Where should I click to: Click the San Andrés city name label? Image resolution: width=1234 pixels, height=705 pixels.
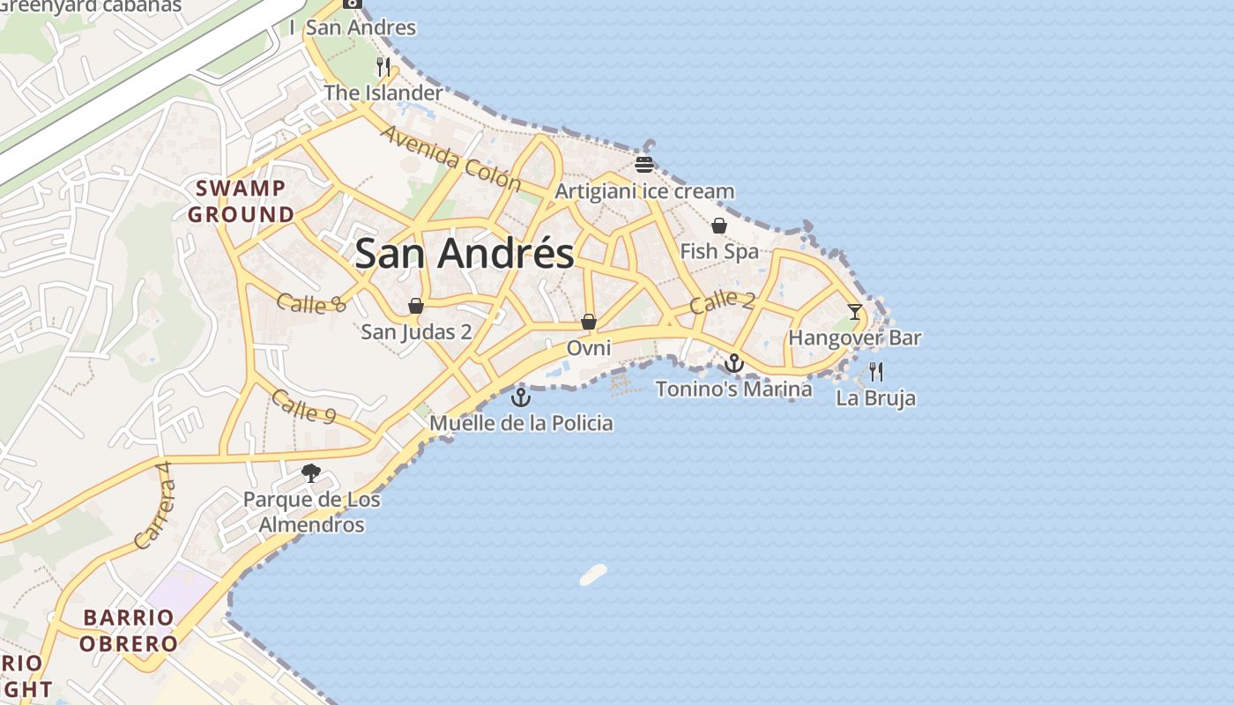coord(465,254)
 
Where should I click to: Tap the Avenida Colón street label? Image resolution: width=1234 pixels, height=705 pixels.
coord(450,159)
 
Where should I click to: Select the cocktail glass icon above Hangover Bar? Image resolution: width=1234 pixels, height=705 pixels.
coord(855,311)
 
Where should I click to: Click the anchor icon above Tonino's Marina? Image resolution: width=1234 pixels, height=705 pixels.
coord(734,362)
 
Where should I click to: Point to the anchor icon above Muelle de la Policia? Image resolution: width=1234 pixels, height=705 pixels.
coord(521,397)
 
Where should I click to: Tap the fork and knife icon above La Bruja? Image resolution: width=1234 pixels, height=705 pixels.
coord(875,371)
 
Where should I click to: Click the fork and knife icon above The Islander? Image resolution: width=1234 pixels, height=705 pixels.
coord(383,66)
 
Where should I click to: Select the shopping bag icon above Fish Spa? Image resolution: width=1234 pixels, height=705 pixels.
coord(719,226)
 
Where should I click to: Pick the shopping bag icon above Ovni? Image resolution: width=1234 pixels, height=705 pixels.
coord(589,322)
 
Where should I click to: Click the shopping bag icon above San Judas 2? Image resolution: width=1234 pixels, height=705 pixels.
coord(416,306)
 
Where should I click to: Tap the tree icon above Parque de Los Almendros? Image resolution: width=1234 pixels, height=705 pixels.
coord(311,473)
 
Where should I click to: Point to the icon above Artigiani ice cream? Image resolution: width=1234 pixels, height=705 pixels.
coord(644,165)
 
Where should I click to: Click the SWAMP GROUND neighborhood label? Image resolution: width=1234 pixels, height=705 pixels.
coord(241,201)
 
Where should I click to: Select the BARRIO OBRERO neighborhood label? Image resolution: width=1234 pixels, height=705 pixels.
coord(129,630)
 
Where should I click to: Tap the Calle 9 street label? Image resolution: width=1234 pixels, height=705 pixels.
coord(303,406)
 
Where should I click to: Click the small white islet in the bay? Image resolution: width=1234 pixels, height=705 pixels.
coord(593,575)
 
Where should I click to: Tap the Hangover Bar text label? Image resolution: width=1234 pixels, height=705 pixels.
coord(854,338)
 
